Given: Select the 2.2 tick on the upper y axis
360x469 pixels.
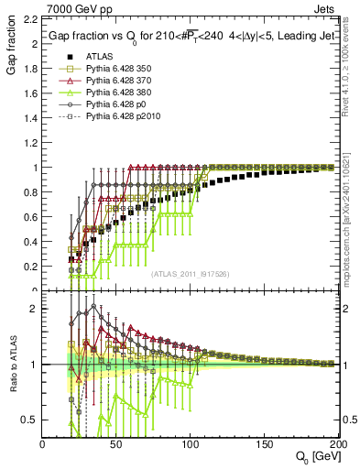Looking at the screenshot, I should pos(30,20).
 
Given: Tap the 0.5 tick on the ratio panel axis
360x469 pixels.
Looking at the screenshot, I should pos(30,420).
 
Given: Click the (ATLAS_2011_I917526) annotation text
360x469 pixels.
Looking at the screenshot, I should pos(191,274).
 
